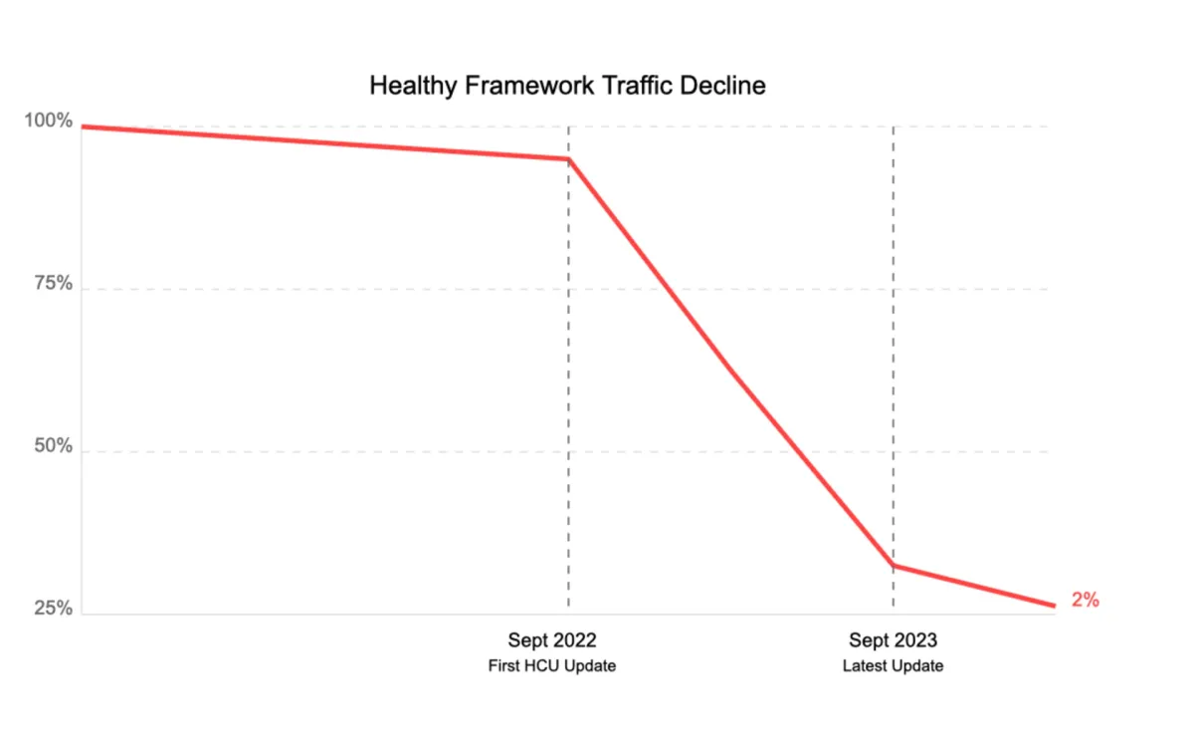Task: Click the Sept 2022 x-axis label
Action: click(x=552, y=639)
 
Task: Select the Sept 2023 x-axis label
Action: click(x=893, y=639)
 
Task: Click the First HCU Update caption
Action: click(x=552, y=665)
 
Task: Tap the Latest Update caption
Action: click(x=893, y=665)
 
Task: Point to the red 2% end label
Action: click(x=1085, y=600)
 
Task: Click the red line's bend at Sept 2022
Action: click(x=568, y=159)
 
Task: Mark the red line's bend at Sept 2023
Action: click(x=893, y=566)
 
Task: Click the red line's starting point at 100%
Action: click(x=83, y=126)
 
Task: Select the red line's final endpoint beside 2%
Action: click(x=1054, y=606)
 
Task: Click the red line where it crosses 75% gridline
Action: click(x=672, y=289)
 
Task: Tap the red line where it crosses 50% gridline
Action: click(x=801, y=451)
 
